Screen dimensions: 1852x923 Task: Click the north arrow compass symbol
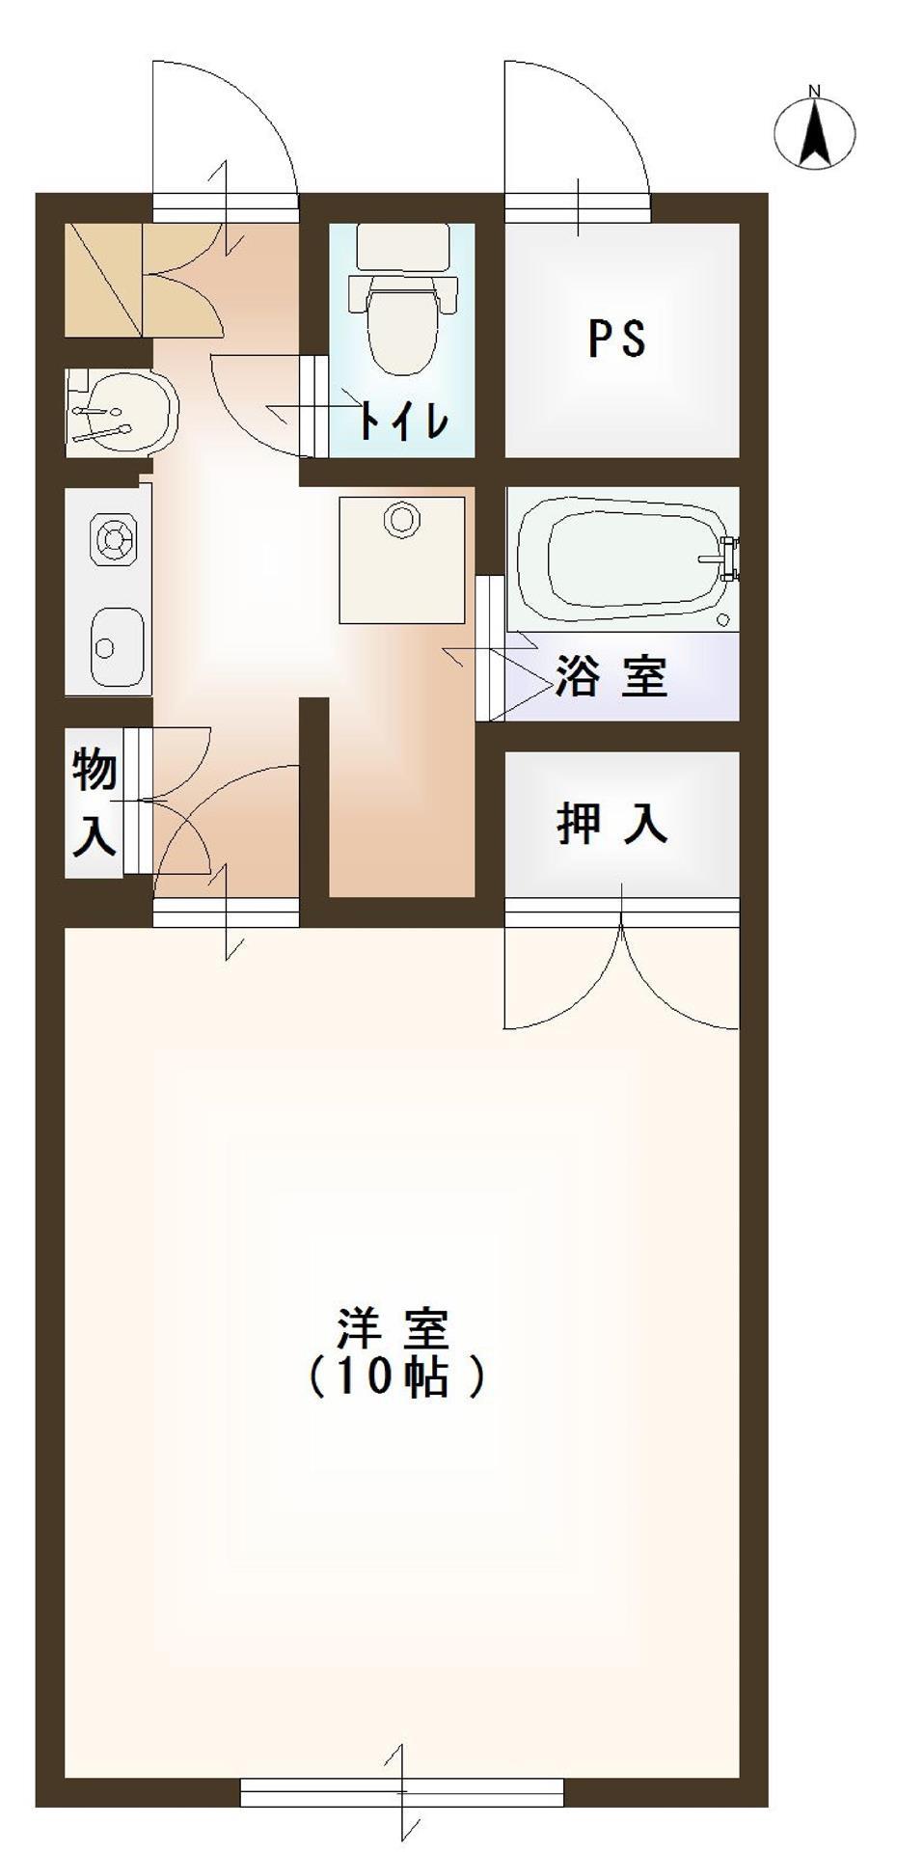[815, 131]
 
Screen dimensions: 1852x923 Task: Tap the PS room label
[617, 339]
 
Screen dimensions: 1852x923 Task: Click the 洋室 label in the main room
[393, 1329]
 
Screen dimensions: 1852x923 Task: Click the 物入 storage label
[95, 803]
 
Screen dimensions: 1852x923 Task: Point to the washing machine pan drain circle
[401, 519]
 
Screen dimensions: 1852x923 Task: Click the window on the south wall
[401, 1793]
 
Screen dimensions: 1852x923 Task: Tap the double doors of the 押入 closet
[622, 974]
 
